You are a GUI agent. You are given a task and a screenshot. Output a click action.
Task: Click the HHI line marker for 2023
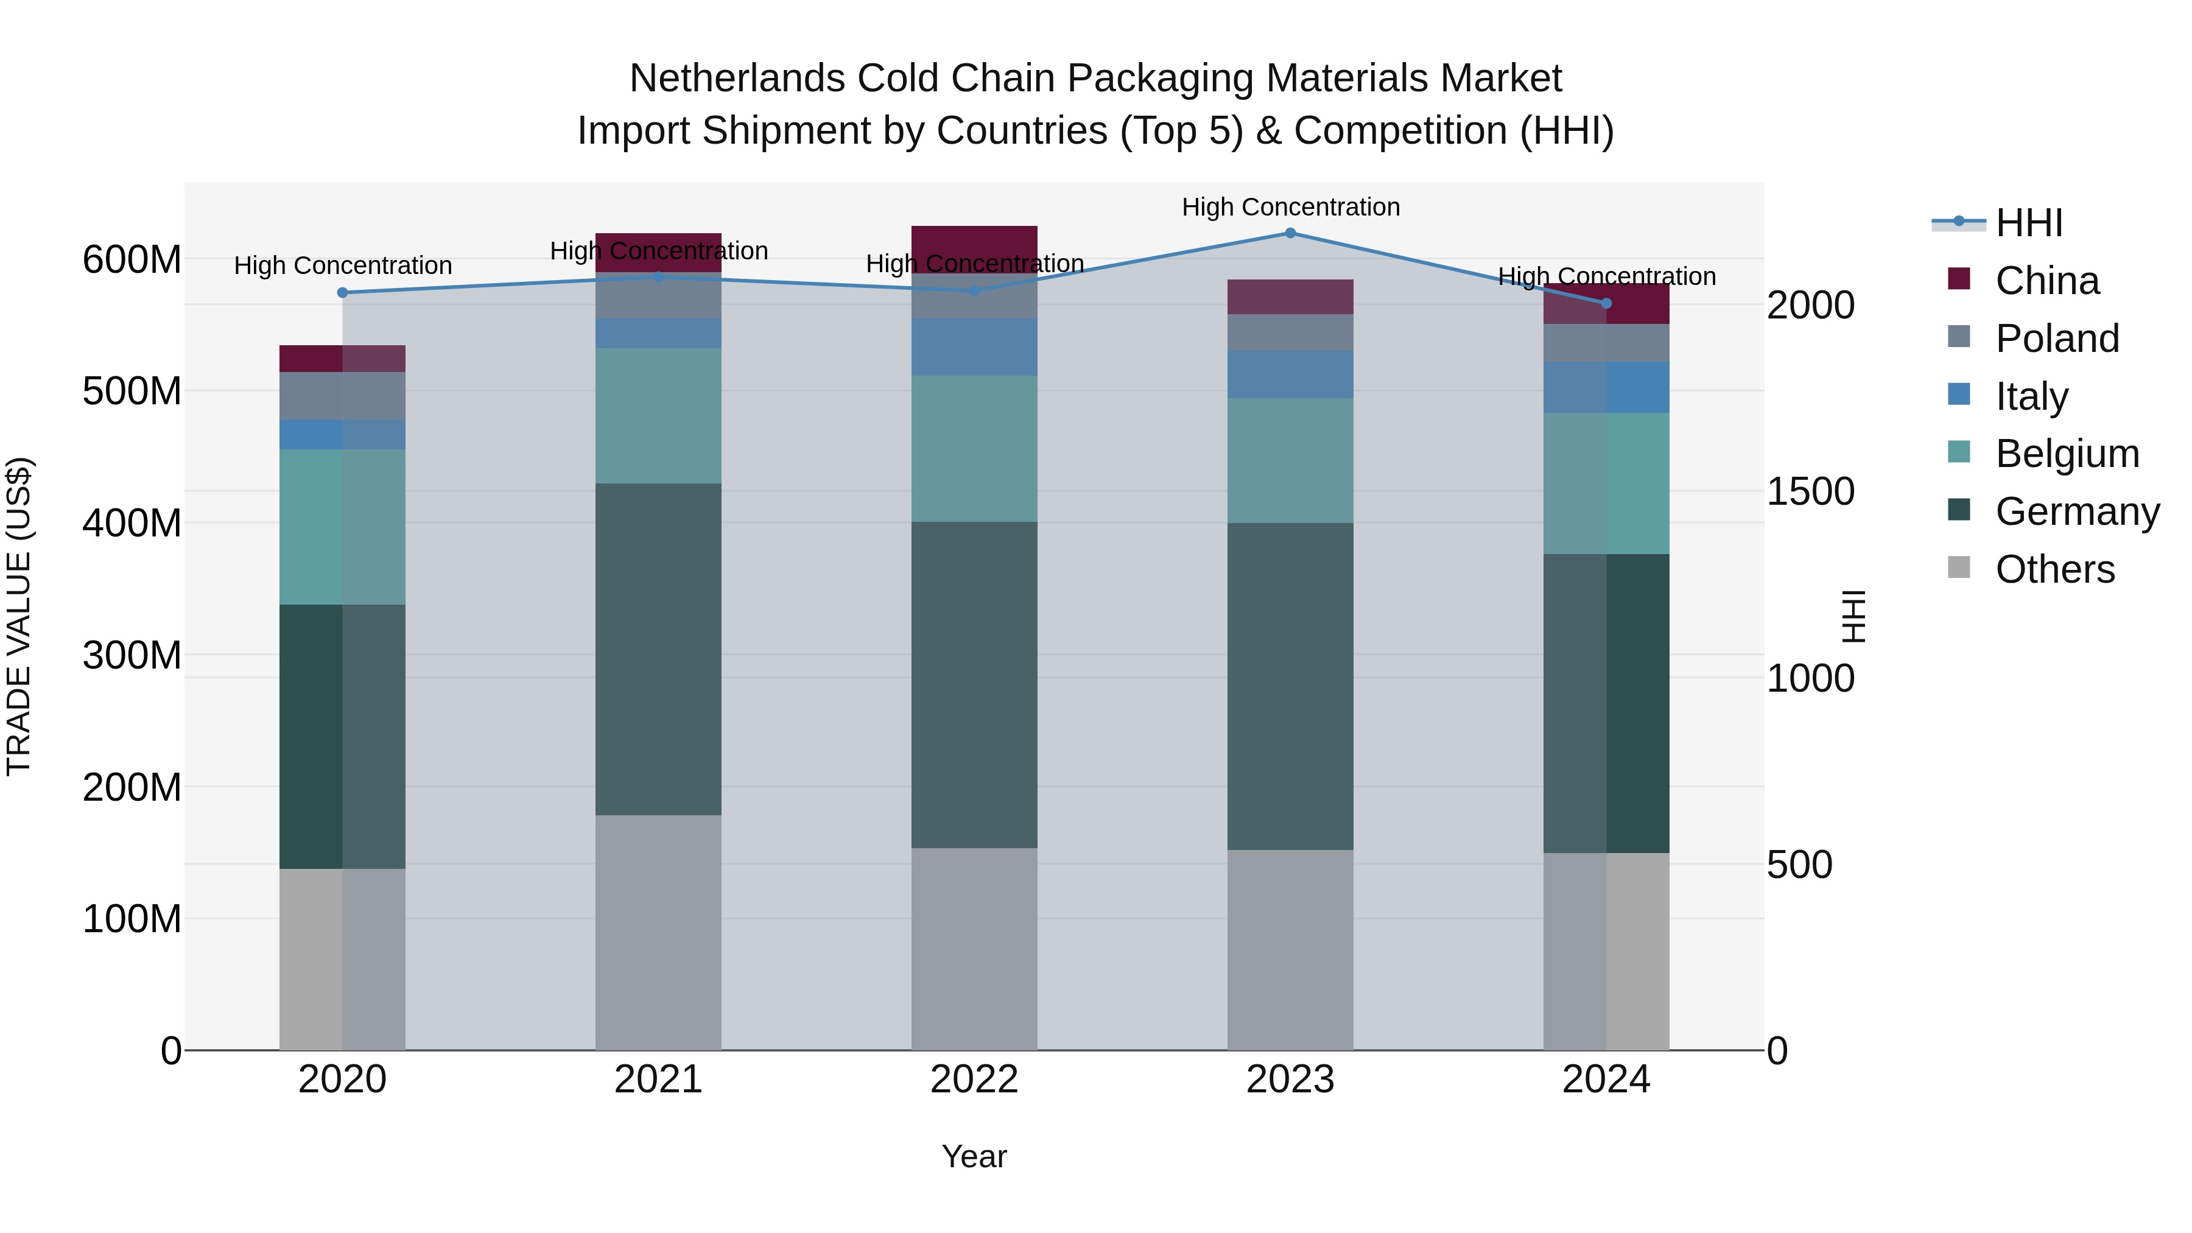click(x=1290, y=233)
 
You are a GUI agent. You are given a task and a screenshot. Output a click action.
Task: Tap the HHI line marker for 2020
click(x=343, y=293)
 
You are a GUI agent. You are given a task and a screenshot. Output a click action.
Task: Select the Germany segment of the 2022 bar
click(x=974, y=685)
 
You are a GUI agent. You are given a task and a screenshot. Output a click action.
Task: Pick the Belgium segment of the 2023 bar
click(x=1290, y=460)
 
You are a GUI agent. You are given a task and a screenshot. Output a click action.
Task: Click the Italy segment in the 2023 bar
click(x=1290, y=374)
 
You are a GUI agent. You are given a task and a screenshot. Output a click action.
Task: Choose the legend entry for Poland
click(x=2057, y=339)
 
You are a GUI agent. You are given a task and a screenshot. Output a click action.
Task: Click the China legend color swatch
click(x=1959, y=279)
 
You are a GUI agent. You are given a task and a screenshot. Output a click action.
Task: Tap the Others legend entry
click(x=2054, y=569)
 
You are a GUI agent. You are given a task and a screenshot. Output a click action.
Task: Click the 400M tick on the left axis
click(x=132, y=523)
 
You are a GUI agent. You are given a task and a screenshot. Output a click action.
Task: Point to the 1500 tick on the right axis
click(x=1810, y=492)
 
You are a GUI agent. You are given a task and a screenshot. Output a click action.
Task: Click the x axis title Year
click(x=974, y=1156)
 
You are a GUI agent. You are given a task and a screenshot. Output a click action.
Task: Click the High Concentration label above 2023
click(x=1290, y=207)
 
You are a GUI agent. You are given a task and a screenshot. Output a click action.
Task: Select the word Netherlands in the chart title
click(x=737, y=79)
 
